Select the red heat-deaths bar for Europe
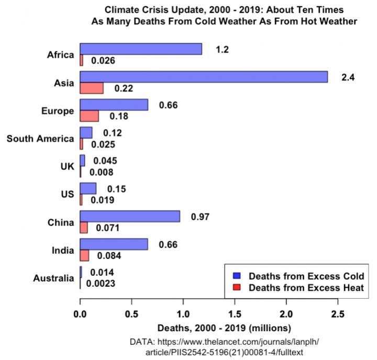[89, 116]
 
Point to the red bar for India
[84, 255]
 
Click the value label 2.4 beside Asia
[348, 77]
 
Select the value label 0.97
[200, 217]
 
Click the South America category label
[40, 139]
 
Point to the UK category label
[67, 166]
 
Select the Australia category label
[53, 278]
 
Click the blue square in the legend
[237, 276]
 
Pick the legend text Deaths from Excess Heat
[306, 288]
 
